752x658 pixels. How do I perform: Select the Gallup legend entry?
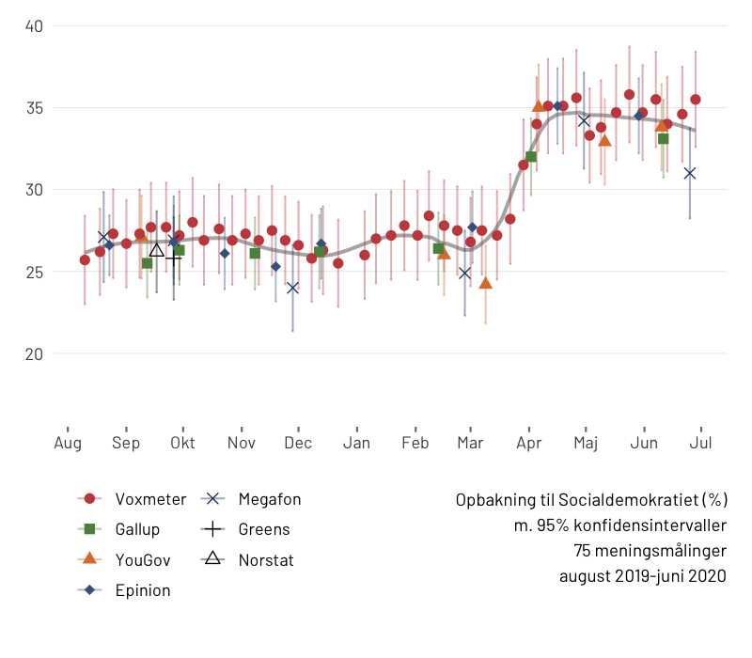point(137,529)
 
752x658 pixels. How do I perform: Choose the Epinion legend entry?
point(143,590)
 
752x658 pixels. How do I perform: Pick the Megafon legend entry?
point(270,499)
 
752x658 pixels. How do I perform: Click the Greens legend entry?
point(264,529)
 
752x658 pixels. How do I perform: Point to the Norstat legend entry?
point(266,559)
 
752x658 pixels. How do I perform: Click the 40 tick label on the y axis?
point(34,25)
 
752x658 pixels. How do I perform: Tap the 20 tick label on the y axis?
point(34,353)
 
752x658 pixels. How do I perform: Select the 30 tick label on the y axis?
point(34,190)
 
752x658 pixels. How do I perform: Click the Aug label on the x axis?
point(67,443)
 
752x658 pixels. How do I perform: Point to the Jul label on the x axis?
point(701,443)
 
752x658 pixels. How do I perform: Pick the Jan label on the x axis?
point(356,443)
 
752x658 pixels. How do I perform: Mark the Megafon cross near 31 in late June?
point(690,173)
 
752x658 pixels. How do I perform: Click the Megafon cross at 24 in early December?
point(292,288)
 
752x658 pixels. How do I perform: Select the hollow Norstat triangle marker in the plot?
point(157,249)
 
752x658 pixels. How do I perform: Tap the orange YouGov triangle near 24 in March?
point(485,283)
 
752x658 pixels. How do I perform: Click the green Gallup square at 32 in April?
point(531,157)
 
